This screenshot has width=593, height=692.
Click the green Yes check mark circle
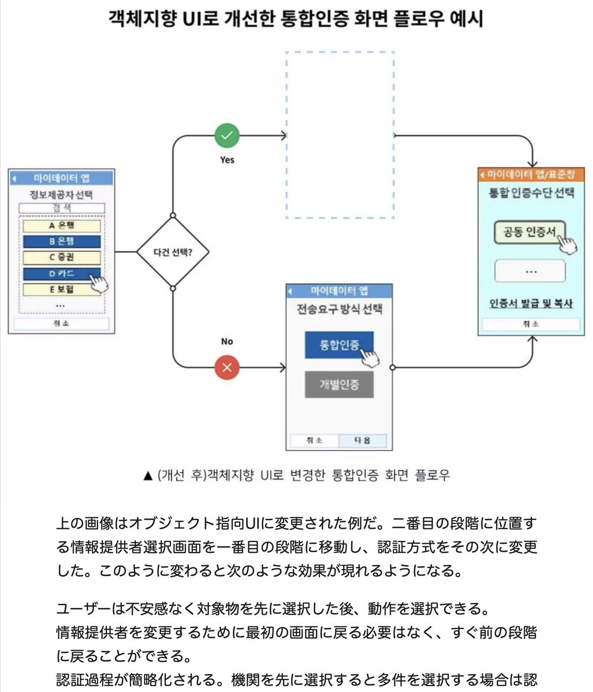point(227,136)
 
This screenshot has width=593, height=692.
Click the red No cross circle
point(227,367)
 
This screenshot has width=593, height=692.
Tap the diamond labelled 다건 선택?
point(173,252)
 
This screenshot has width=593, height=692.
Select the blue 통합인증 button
point(339,345)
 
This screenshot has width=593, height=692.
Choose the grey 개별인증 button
point(339,385)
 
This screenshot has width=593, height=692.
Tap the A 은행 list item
point(62,225)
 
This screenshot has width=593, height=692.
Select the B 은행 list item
point(62,241)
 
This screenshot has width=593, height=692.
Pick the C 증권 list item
point(62,257)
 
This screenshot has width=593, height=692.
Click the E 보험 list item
point(62,289)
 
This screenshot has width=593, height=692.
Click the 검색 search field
point(62,208)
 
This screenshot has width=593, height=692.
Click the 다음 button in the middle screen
point(365,441)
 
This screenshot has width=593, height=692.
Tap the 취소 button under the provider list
point(61,324)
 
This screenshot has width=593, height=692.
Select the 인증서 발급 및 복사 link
point(531,303)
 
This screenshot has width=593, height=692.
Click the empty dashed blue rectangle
point(340,135)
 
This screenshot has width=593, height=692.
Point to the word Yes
point(227,160)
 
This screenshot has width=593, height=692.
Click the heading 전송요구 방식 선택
point(340,309)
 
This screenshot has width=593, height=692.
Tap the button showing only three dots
point(530,271)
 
